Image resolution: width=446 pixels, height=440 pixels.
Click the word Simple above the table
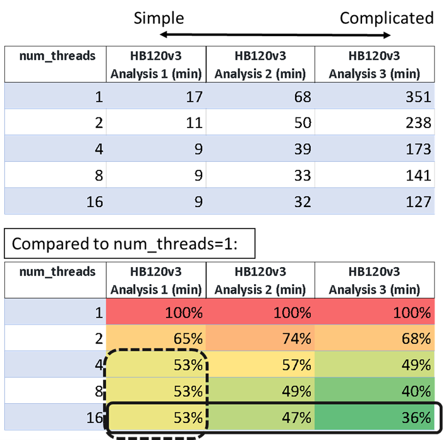[159, 18]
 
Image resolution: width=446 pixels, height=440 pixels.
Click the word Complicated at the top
[386, 18]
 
